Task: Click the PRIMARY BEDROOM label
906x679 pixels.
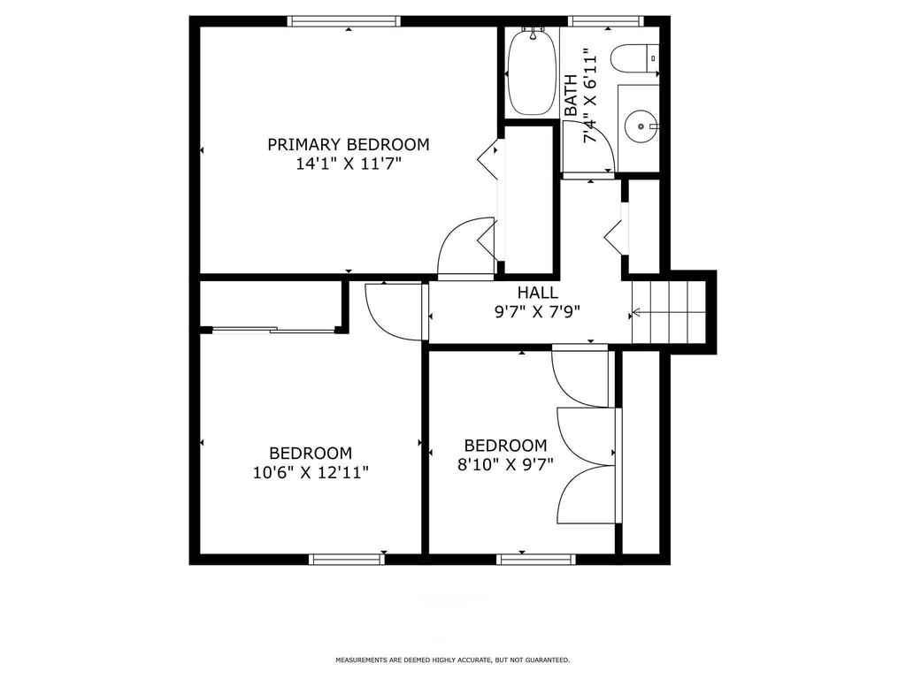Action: tap(349, 144)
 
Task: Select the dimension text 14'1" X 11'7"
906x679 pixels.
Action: tap(349, 164)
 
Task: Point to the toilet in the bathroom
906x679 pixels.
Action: tap(634, 59)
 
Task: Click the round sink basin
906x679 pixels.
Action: tap(641, 126)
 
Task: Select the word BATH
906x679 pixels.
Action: tap(571, 95)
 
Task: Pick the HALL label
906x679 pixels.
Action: tap(537, 292)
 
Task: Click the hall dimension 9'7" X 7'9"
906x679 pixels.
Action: tap(537, 312)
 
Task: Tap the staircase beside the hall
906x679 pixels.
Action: tap(670, 312)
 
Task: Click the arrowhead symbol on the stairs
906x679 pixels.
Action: tap(636, 312)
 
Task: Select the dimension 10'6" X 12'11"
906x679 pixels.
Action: tap(311, 473)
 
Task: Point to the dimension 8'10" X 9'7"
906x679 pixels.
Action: tap(505, 464)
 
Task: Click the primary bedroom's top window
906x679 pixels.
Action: tap(344, 21)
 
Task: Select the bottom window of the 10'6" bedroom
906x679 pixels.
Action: tap(347, 559)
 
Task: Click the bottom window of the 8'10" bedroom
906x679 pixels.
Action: tap(536, 559)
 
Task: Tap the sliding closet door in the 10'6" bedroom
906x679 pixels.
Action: tap(273, 331)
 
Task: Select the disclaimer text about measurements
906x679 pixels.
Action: tap(452, 660)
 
